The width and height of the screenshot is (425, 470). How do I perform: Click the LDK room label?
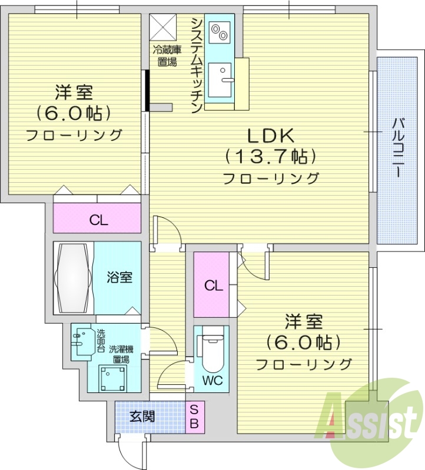(x=270, y=136)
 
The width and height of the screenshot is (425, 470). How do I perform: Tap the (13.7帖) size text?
(x=270, y=157)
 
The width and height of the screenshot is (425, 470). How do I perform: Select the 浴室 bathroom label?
(x=119, y=277)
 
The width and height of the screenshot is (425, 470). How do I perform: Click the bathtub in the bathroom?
(x=74, y=278)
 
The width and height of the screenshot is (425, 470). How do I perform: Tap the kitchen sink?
(x=223, y=80)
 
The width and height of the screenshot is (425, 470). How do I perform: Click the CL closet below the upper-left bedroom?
(x=98, y=220)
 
